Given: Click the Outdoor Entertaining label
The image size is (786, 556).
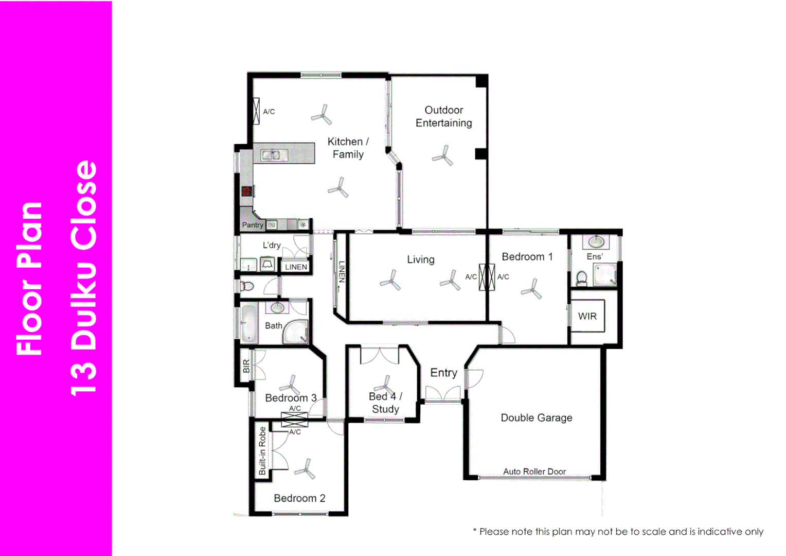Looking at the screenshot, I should pos(443,116).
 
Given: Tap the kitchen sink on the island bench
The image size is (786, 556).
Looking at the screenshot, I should pos(271,154).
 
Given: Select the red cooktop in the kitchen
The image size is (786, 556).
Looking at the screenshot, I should pos(246,191).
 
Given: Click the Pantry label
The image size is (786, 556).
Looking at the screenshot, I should pos(253,224).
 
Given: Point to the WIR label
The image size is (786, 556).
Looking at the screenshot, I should pos(587,316).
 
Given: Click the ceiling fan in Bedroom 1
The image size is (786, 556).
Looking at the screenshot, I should pos(532,289).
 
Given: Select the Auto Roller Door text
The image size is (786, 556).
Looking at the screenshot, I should pos(534,471).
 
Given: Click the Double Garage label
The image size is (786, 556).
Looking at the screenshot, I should pos(537,418).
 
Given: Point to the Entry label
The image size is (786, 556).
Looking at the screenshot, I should pos(443,372).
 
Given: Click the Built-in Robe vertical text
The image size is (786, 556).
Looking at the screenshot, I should pos(262,451).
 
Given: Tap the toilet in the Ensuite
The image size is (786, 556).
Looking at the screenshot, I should pos(582,279).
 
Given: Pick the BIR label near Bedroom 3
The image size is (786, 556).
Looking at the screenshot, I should pos(246,366).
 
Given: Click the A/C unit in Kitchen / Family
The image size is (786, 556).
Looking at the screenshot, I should pos(257,111).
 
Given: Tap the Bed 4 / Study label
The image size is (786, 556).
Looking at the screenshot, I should pos(385,403).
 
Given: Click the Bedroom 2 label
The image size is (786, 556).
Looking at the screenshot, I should pos(299,498).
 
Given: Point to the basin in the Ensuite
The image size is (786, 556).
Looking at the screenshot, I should pos(596,242).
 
